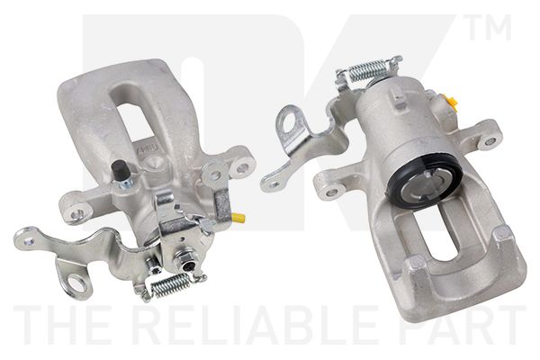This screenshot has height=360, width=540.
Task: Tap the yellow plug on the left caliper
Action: pyautogui.click(x=238, y=218)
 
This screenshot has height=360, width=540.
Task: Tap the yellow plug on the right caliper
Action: pyautogui.click(x=452, y=102)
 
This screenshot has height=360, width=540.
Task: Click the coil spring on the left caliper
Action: pyautogui.click(x=171, y=285)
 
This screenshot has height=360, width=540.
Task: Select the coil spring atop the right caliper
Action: pyautogui.click(x=367, y=70)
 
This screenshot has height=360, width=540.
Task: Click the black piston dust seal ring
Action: pyautogui.click(x=424, y=179)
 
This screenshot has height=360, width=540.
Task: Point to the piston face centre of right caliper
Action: pyautogui.click(x=424, y=183)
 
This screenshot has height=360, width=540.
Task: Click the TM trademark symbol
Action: pyautogui.click(x=490, y=27)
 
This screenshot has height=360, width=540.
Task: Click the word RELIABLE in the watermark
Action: pyautogui.click(x=263, y=325)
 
